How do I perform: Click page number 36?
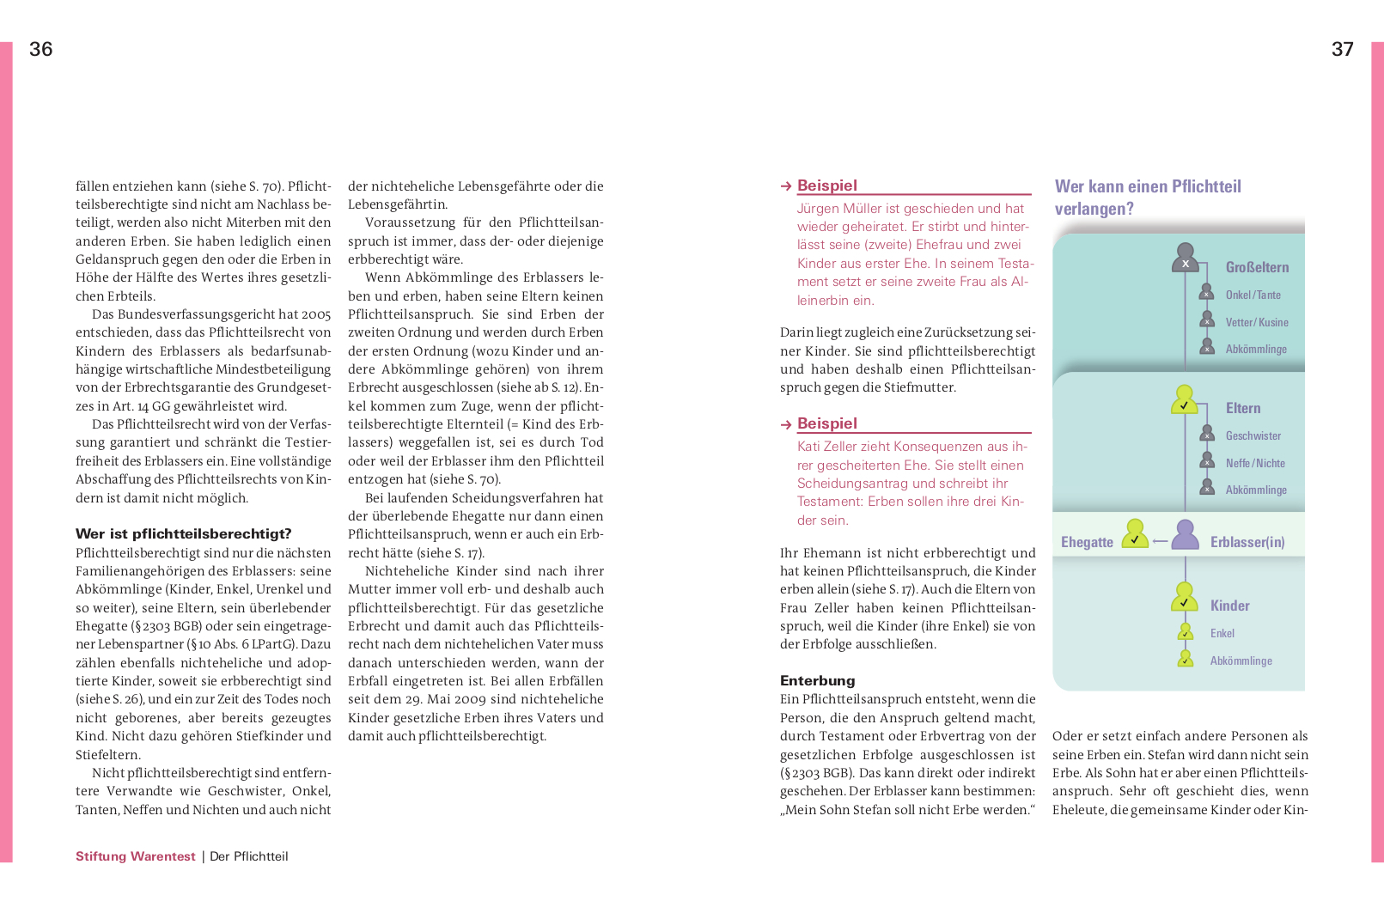41,49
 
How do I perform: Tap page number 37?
1342,49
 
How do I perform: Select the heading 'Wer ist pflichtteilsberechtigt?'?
183,534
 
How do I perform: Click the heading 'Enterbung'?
817,681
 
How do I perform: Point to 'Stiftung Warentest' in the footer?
136,856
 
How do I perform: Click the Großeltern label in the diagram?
1257,267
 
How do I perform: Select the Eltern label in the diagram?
1242,408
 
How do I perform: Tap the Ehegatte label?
1087,542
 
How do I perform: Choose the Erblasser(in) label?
1247,542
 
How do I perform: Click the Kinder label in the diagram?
1229,606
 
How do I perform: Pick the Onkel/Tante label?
1253,295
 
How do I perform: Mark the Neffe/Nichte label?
1255,463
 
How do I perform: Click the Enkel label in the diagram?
1222,633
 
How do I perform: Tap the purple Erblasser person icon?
1186,535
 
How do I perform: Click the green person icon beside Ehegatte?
1135,533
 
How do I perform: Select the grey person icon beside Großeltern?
1186,259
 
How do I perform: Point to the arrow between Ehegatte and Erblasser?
1160,541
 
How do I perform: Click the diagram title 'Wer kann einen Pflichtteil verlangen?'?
1147,198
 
